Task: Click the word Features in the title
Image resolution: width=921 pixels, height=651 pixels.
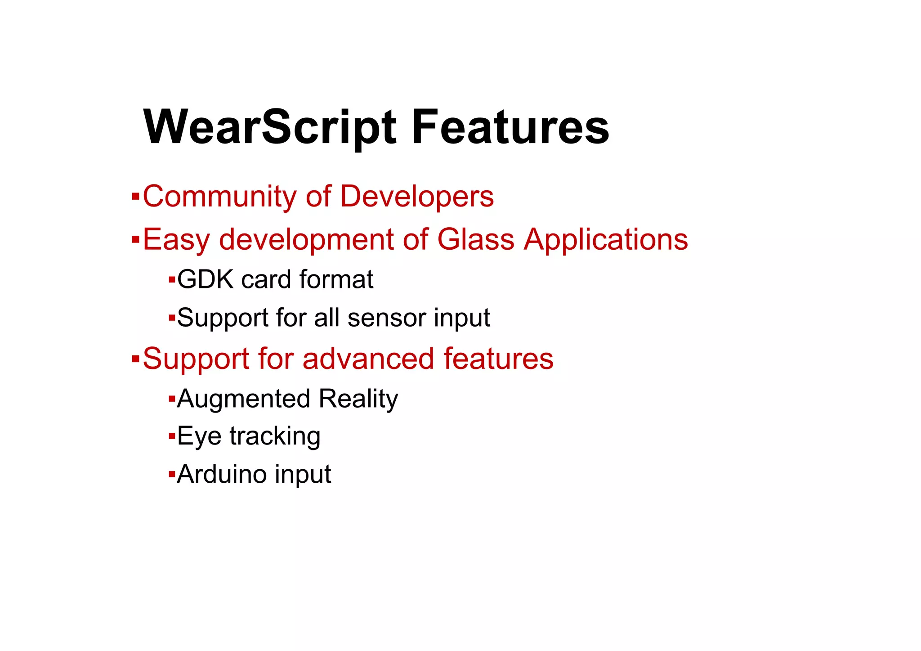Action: coord(510,127)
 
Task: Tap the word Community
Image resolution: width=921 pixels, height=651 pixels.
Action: coord(219,197)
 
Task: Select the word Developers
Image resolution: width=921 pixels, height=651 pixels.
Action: coord(417,197)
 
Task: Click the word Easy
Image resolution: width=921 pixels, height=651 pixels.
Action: coord(176,239)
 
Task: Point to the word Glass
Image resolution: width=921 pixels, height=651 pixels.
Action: coord(475,239)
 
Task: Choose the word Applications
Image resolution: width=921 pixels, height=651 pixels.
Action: coord(606,239)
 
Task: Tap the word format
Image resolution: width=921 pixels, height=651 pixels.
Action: coord(336,279)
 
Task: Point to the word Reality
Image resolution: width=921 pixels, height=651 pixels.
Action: coord(358,399)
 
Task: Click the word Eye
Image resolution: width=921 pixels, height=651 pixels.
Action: coord(199,436)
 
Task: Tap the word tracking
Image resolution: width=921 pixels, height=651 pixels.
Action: coord(275,436)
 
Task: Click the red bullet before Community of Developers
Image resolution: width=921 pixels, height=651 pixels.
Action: coord(135,197)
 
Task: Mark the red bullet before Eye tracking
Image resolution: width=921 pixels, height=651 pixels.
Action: coord(171,436)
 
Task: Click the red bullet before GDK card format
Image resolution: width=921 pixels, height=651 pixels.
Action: coord(171,280)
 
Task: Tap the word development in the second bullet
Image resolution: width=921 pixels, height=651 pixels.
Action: coord(306,239)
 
